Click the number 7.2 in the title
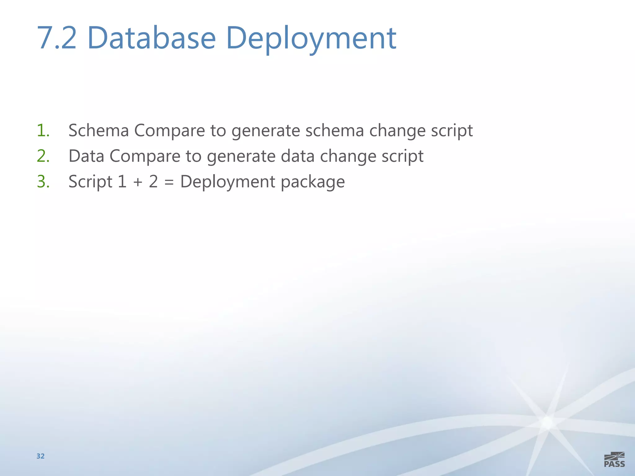point(57,38)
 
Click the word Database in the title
point(152,38)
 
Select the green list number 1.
point(43,130)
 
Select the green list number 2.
point(43,156)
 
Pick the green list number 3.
point(43,182)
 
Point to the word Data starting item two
point(86,156)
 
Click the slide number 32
point(41,456)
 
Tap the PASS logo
point(614,460)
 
